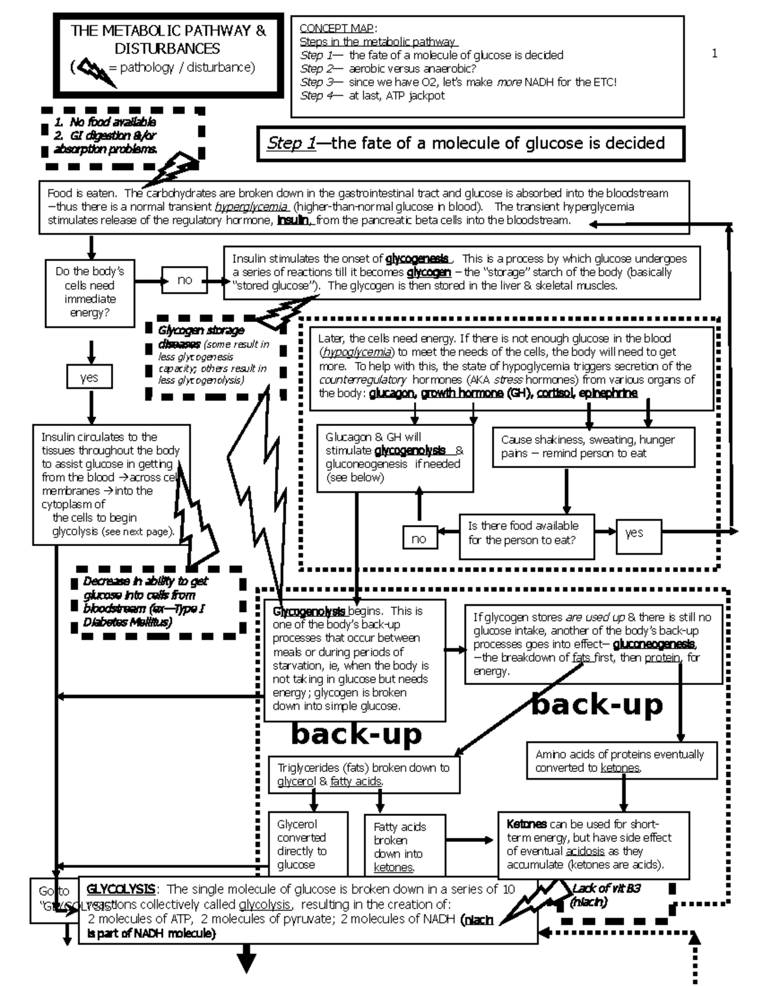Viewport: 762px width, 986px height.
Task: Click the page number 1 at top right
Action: coord(714,53)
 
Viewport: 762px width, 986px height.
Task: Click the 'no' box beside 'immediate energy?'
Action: coord(184,280)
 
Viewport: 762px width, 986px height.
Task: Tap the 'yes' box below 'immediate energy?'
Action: coord(89,378)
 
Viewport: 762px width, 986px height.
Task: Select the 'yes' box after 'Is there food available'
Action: coord(638,533)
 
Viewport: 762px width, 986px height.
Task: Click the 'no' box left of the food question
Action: coord(419,538)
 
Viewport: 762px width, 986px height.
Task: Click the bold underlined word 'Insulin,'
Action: coord(295,221)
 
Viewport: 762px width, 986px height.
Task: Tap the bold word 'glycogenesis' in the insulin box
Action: coord(418,259)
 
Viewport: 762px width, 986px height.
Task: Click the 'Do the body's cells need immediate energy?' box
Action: coord(90,292)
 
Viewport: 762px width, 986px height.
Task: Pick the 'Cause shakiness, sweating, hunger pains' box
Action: coord(593,446)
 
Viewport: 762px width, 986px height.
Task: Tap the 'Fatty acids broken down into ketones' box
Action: coord(399,846)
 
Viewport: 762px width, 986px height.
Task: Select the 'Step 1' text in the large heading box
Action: coord(291,143)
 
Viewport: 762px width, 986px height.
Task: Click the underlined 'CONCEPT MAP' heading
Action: coord(337,29)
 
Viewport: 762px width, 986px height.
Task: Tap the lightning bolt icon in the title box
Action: coord(97,70)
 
